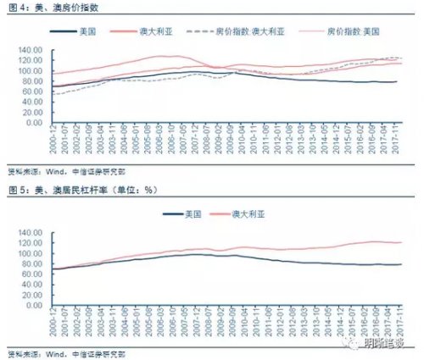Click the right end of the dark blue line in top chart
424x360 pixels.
[x=397, y=81]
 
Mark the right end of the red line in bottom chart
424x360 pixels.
[x=400, y=242]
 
